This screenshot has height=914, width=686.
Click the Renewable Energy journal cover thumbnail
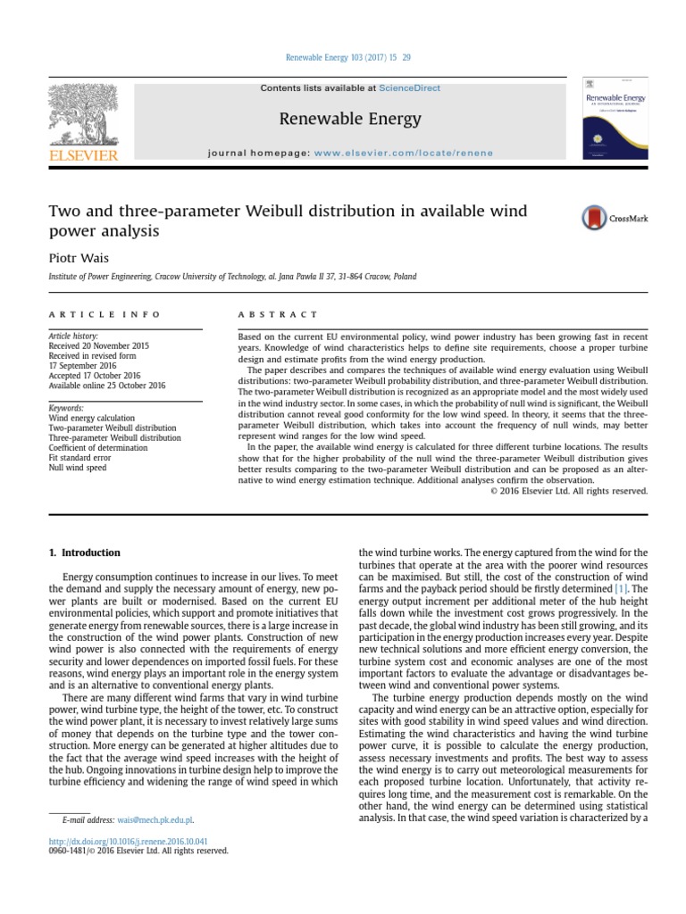pos(615,118)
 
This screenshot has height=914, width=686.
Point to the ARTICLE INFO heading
pos(105,314)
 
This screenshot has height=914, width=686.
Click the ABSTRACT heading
pos(277,314)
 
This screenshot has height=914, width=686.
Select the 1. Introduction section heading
pos(85,553)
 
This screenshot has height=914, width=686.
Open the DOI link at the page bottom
pos(128,841)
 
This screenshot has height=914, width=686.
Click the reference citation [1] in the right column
pos(621,590)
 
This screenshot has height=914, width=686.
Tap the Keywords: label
pos(66,408)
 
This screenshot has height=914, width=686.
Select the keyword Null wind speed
pos(78,467)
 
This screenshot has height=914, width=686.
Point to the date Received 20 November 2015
pos(99,345)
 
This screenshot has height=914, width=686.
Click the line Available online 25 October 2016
pos(107,386)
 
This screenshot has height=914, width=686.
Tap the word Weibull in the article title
pos(278,212)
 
